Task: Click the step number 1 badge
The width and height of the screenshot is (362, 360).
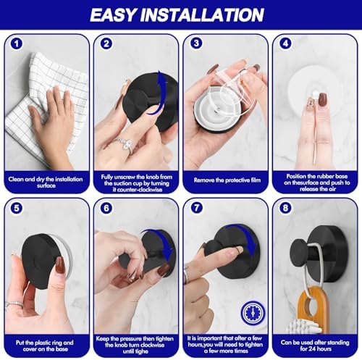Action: coord(17,43)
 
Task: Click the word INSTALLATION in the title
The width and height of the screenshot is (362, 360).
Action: coord(211,14)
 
